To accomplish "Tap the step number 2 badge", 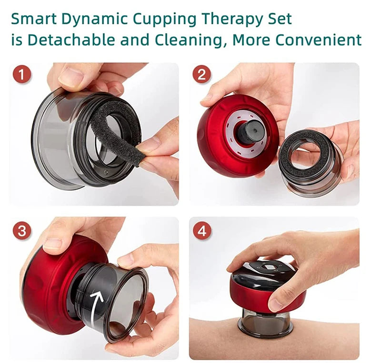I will (201, 75).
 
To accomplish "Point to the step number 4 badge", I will (201, 231).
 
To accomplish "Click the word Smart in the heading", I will (32, 19).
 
